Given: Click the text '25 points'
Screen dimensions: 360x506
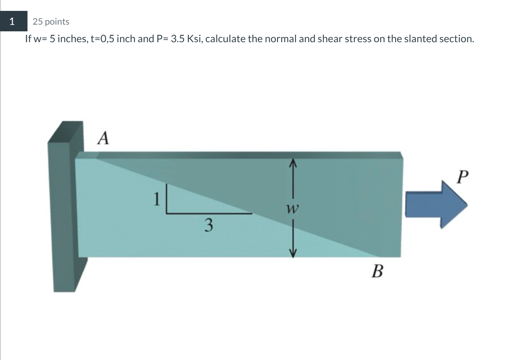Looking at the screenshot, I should tap(51, 22).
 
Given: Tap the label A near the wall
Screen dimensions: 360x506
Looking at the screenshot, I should tap(103, 138).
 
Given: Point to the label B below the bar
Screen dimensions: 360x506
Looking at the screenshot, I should tap(377, 271).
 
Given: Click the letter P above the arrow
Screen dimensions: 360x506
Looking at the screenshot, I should tap(462, 177).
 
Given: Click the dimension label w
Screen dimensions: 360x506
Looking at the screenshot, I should tap(292, 209).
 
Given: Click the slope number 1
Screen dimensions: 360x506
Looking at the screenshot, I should tap(156, 199).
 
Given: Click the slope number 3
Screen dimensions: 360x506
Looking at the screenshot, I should tap(208, 225).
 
